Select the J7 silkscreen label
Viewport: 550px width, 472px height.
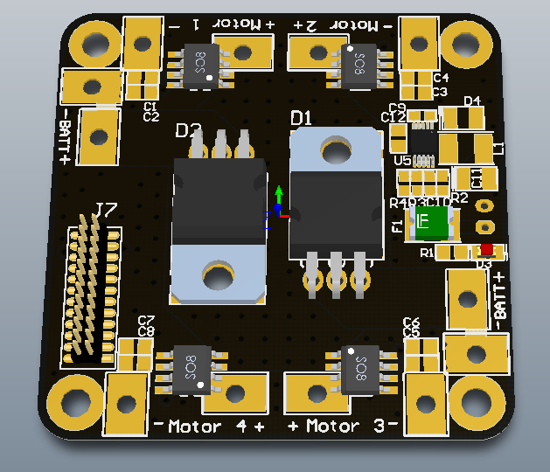click(105, 209)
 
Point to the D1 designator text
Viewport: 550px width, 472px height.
click(302, 118)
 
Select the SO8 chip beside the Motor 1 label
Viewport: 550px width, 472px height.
click(197, 64)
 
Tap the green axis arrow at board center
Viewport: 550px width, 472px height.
click(278, 194)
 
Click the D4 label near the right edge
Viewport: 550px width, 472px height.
click(472, 101)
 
